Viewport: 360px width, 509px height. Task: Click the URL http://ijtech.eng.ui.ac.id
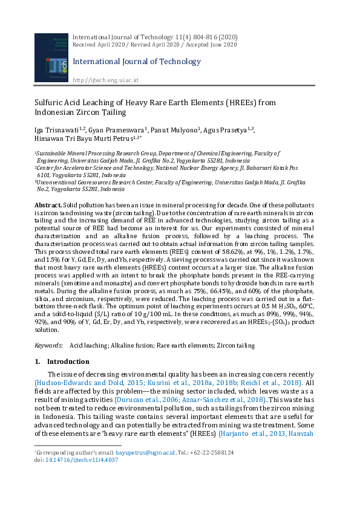point(105,80)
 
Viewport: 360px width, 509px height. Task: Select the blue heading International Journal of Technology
point(136,62)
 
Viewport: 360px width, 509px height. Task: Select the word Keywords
point(48,345)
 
